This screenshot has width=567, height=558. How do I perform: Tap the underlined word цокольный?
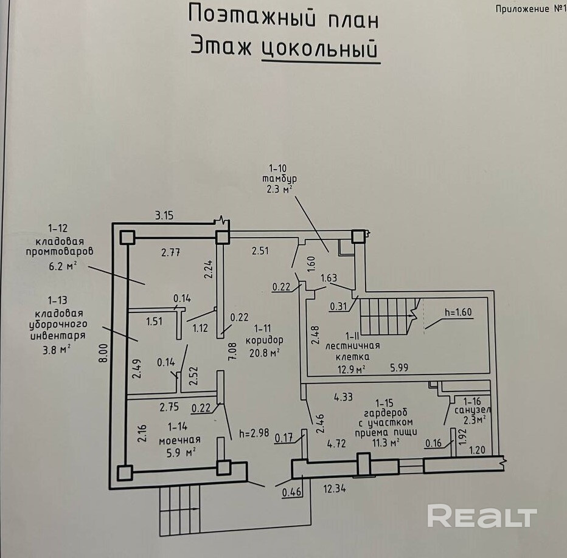click(320, 49)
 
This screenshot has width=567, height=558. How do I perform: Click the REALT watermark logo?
click(481, 517)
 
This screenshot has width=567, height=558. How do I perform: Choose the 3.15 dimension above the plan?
click(165, 215)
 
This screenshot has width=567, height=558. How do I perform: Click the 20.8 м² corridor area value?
click(265, 352)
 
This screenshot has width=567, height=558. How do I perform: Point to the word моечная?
click(180, 439)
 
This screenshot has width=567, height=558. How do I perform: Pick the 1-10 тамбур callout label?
click(277, 179)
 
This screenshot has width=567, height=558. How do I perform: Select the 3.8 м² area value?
click(59, 348)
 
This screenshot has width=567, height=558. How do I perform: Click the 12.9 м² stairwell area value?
click(352, 369)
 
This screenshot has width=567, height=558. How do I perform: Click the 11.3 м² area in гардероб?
click(386, 443)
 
